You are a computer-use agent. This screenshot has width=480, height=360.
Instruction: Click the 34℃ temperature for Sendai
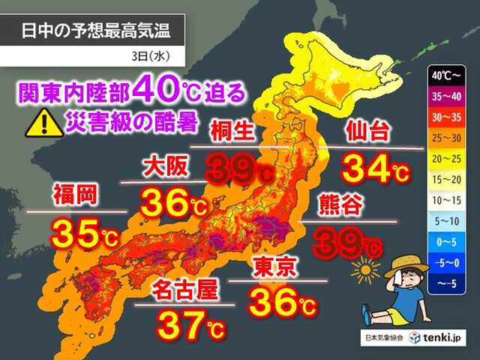click(x=374, y=167)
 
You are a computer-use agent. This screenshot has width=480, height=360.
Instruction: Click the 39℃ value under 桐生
click(x=239, y=169)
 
